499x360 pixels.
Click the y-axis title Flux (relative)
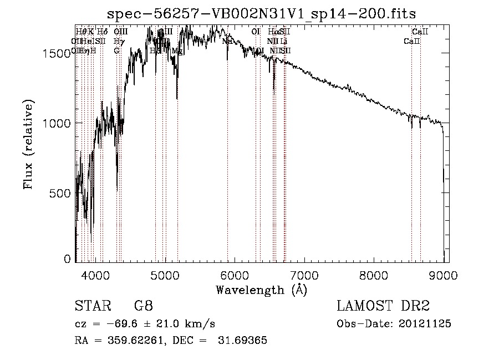click(28, 144)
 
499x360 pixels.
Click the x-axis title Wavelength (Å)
click(261, 290)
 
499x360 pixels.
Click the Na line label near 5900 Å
click(227, 42)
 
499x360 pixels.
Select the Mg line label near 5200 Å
click(177, 51)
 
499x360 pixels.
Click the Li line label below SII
click(283, 42)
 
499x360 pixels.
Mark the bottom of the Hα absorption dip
click(274, 89)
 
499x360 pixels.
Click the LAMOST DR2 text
click(383, 306)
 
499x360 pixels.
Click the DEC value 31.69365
click(245, 341)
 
